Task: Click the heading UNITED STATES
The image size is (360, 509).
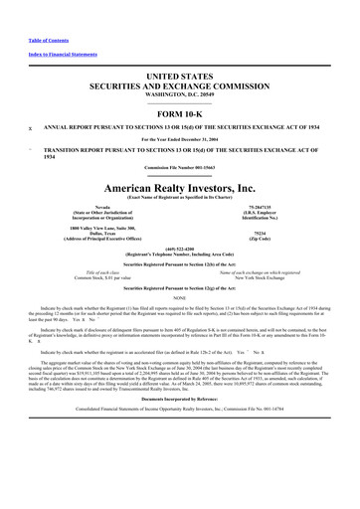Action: (x=180, y=76)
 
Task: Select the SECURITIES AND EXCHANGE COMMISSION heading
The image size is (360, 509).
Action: (x=180, y=85)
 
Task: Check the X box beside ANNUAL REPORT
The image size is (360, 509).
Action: (x=30, y=129)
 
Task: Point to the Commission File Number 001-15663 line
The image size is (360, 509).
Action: (x=180, y=167)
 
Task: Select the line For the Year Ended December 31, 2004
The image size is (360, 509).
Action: (x=180, y=140)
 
